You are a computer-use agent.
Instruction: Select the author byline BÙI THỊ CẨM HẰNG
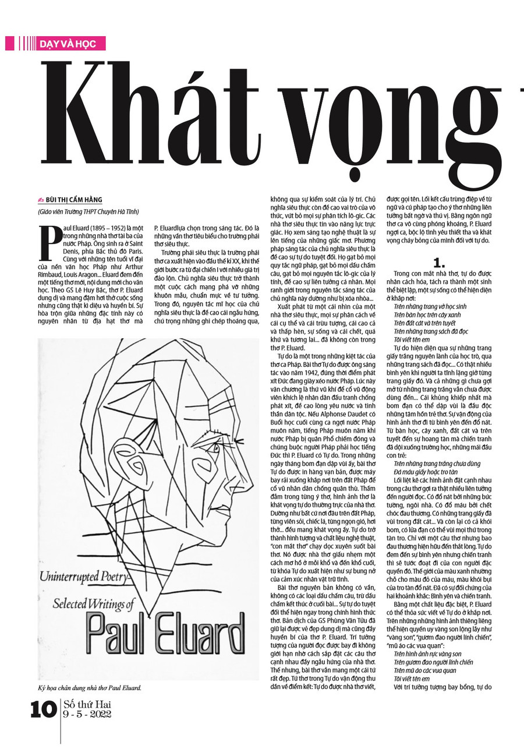[x=77, y=199]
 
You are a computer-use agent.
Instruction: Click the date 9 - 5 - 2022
[x=87, y=715]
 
